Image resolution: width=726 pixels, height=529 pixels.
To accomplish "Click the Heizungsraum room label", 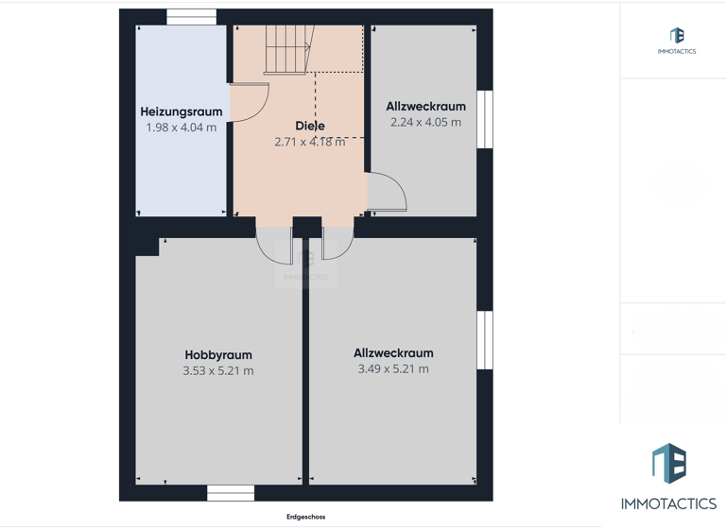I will pyautogui.click(x=181, y=111).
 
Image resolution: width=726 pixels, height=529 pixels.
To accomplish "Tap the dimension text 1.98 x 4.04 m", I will pyautogui.click(x=181, y=128).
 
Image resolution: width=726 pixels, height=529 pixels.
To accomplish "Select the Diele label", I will pyautogui.click(x=309, y=126).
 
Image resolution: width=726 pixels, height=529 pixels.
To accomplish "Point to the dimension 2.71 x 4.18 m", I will pyautogui.click(x=309, y=142).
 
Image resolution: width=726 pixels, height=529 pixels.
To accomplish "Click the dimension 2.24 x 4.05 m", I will pyautogui.click(x=425, y=122).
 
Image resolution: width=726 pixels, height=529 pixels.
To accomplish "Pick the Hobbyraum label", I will pyautogui.click(x=218, y=355).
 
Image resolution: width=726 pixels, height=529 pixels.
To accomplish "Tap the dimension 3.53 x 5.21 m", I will pyautogui.click(x=218, y=371).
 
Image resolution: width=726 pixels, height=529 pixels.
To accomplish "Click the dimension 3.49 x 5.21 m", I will pyautogui.click(x=393, y=369).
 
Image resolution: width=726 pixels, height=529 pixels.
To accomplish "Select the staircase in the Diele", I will pyautogui.click(x=288, y=49).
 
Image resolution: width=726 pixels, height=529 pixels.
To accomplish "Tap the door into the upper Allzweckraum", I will pyautogui.click(x=387, y=193).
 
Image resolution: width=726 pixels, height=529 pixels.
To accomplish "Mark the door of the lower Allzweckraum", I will pyautogui.click(x=337, y=244).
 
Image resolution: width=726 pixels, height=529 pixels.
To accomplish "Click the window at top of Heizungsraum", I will pyautogui.click(x=192, y=16).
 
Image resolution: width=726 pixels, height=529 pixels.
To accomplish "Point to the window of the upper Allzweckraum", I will pyautogui.click(x=484, y=119).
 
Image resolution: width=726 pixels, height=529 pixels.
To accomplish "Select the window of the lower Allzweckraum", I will pyautogui.click(x=484, y=340).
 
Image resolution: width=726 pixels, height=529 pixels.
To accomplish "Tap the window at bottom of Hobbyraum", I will pyautogui.click(x=231, y=492).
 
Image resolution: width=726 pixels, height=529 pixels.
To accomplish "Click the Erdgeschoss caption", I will pyautogui.click(x=305, y=517).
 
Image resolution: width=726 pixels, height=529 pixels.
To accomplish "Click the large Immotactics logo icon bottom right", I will pyautogui.click(x=668, y=464).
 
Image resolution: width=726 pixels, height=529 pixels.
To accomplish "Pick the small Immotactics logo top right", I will pyautogui.click(x=677, y=36).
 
